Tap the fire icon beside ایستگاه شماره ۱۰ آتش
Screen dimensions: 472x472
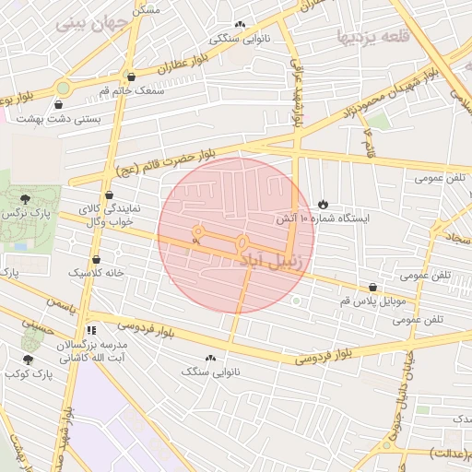pyautogui.click(x=323, y=203)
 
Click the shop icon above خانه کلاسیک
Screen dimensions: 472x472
pyautogui.click(x=97, y=260)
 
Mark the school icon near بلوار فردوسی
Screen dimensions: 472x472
pyautogui.click(x=90, y=329)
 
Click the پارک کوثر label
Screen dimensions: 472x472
pyautogui.click(x=27, y=374)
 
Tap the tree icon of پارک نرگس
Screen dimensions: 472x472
pyautogui.click(x=25, y=198)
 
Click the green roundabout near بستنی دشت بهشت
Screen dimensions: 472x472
pyautogui.click(x=63, y=88)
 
